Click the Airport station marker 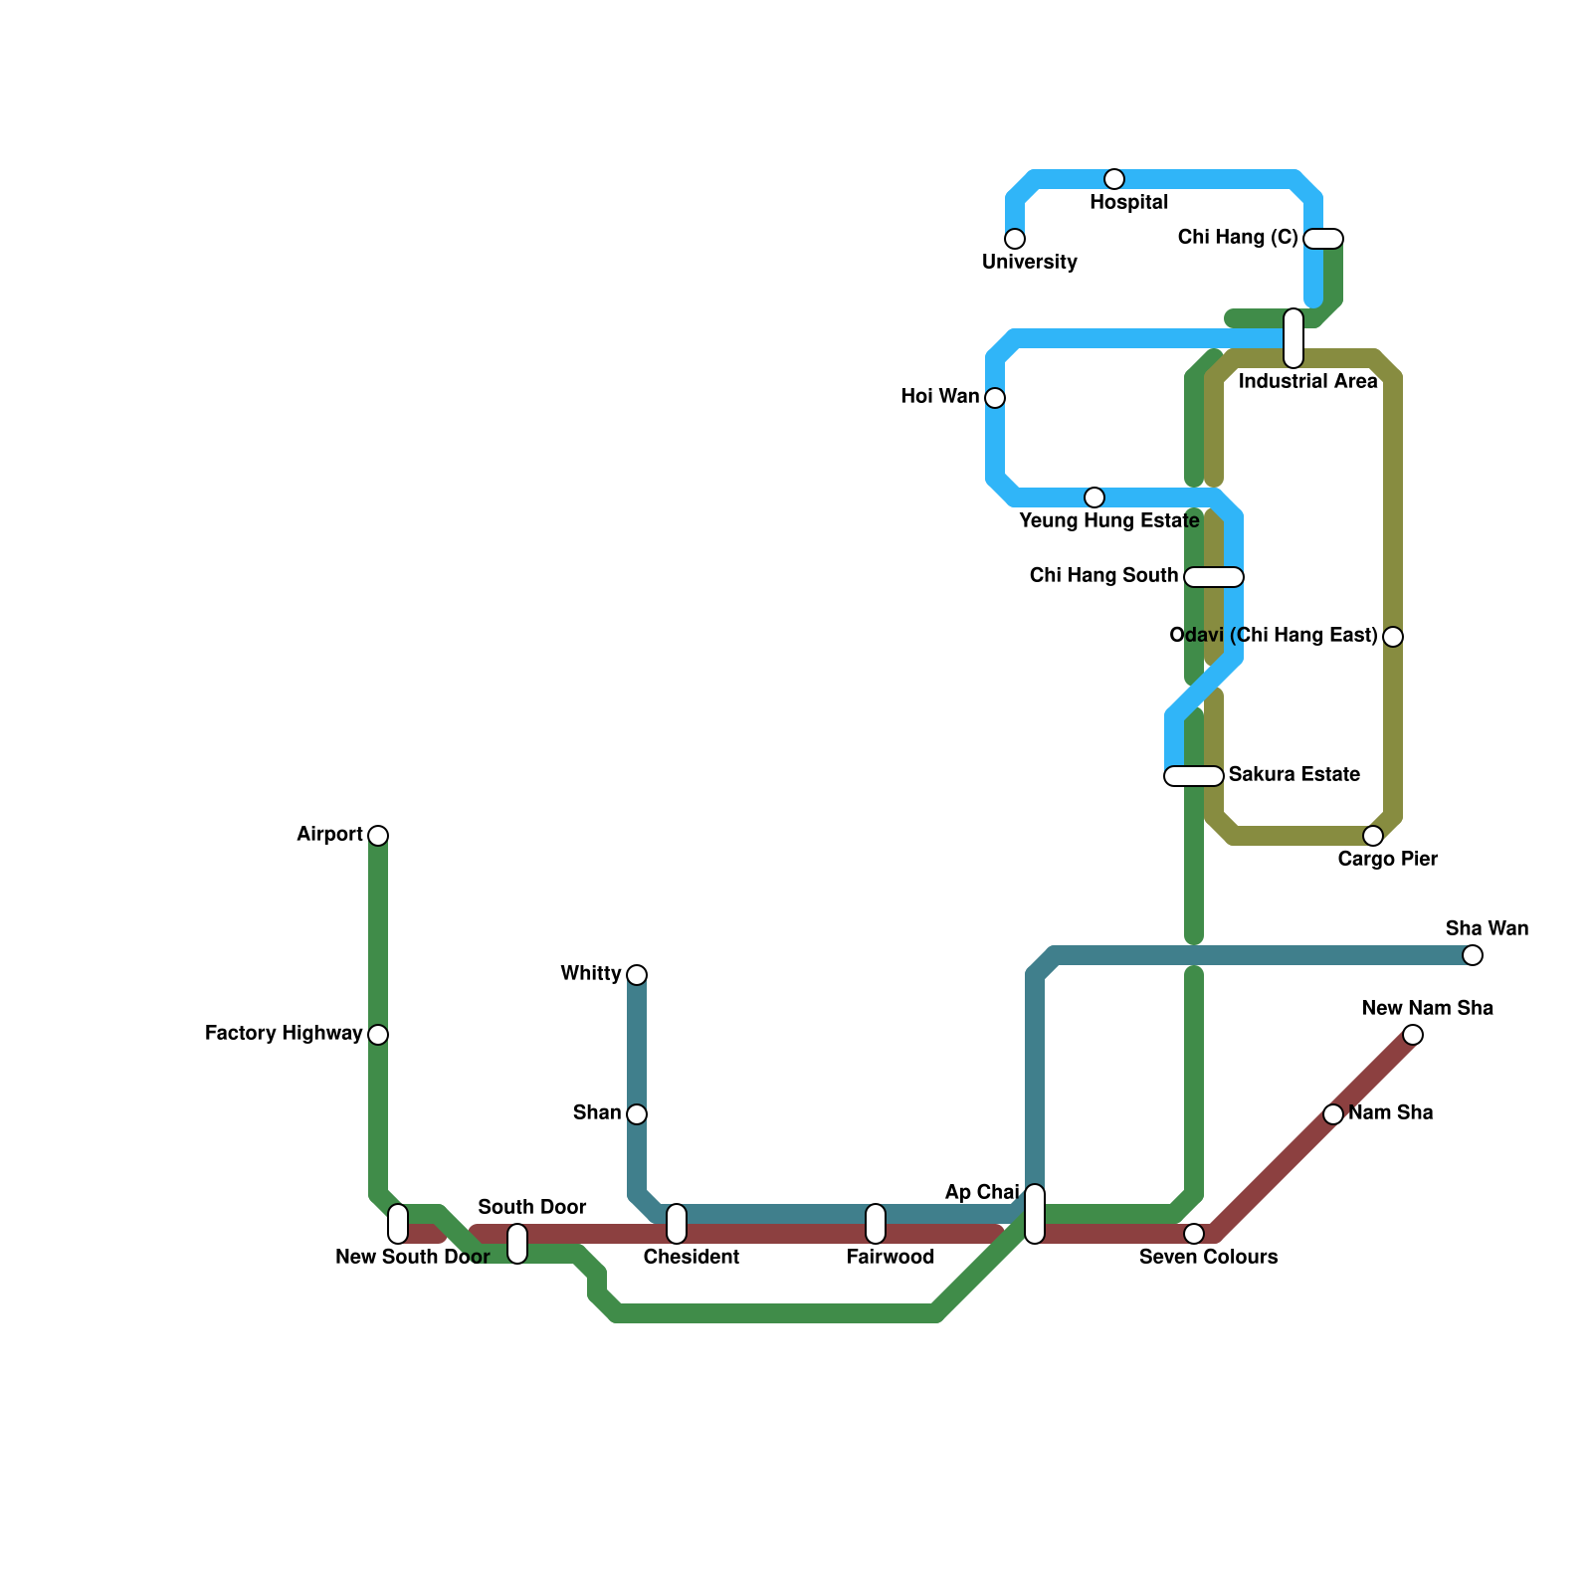click(x=378, y=835)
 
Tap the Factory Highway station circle click(x=378, y=1035)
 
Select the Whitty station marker click(x=637, y=974)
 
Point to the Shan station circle click(x=637, y=1113)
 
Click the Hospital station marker click(x=1114, y=179)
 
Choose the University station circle click(x=1015, y=239)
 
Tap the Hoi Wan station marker click(x=995, y=398)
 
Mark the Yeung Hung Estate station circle click(x=1094, y=497)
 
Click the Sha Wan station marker click(x=1473, y=955)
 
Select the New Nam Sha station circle click(x=1413, y=1035)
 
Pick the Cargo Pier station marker click(x=1373, y=835)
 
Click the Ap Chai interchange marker click(x=1035, y=1214)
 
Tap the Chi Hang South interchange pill click(x=1214, y=577)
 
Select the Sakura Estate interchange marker click(x=1194, y=776)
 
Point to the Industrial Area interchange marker click(x=1293, y=338)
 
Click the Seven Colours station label click(x=1208, y=1257)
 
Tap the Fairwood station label click(x=891, y=1257)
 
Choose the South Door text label click(x=532, y=1207)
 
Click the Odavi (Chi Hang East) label click(x=1274, y=635)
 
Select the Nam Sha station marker click(x=1333, y=1114)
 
